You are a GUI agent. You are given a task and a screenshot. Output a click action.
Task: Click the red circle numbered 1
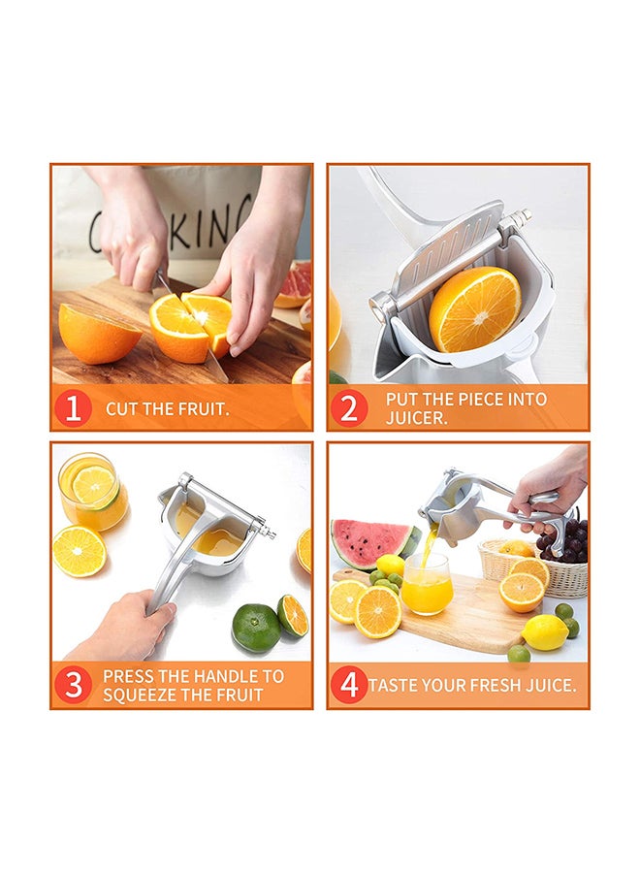tap(73, 408)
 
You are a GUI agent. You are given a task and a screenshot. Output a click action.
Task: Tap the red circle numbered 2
tap(349, 408)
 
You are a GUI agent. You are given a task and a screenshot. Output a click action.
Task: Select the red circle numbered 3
tap(73, 685)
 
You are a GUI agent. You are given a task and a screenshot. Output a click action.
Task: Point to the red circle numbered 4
tap(349, 685)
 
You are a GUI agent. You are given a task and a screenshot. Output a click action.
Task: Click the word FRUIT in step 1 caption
tap(202, 409)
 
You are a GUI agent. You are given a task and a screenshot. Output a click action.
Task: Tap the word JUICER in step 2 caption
tap(416, 418)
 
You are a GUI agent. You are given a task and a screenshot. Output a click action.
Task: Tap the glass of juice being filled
tap(427, 584)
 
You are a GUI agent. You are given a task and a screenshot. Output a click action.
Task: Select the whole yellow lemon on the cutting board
tap(544, 632)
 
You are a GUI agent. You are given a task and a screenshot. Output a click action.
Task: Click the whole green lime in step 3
tap(256, 628)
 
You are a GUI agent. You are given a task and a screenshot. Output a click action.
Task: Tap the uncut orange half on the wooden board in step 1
tap(98, 334)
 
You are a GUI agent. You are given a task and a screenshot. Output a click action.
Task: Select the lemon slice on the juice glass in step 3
tap(93, 485)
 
